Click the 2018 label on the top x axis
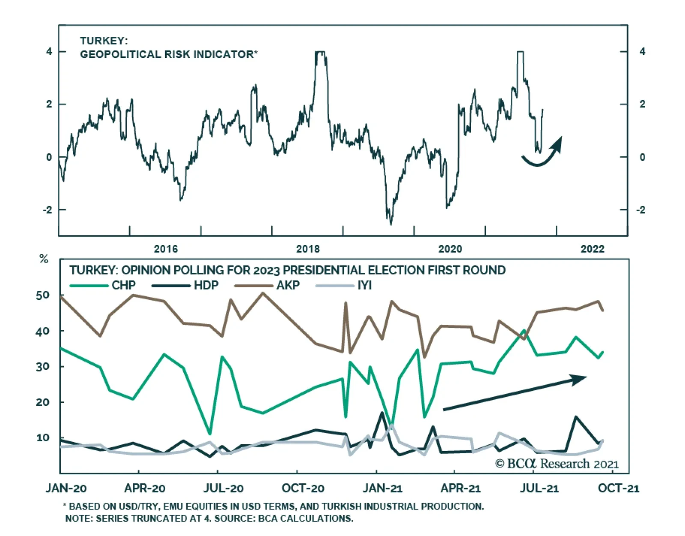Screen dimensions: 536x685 point(308,249)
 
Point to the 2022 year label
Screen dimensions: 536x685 point(593,249)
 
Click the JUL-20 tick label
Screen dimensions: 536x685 point(223,488)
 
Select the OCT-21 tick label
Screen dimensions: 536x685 point(618,488)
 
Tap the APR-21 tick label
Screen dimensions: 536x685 point(461,488)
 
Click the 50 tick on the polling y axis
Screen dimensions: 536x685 point(43,295)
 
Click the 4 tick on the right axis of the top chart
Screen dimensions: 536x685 point(642,51)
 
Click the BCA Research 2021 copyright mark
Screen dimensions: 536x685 point(557,464)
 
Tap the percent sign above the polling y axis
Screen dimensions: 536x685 point(44,259)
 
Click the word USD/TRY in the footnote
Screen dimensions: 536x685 point(141,506)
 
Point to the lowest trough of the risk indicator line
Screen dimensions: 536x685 point(391,224)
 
